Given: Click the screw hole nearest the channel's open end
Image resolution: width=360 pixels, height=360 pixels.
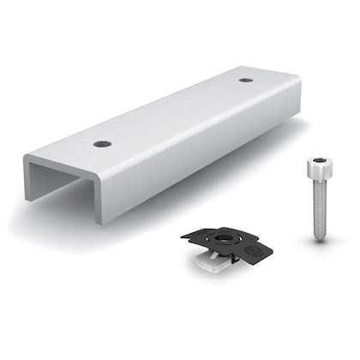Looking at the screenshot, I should (x=102, y=143).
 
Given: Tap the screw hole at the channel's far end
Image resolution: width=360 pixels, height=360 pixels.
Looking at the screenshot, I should (x=246, y=80).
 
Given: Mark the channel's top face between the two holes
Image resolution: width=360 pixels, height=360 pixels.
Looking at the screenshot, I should (x=171, y=111).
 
